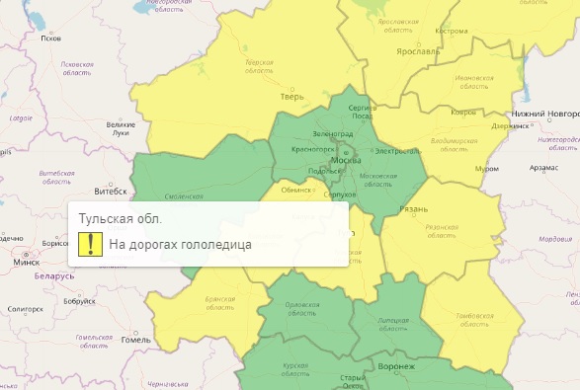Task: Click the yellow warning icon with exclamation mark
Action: click(x=91, y=243)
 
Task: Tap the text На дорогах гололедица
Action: click(x=180, y=244)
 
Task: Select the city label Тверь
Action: click(x=291, y=98)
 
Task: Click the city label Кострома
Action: click(x=451, y=31)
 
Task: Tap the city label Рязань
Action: click(x=414, y=210)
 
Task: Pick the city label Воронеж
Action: click(x=396, y=366)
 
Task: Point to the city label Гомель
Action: click(x=135, y=340)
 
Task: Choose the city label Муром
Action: click(x=485, y=169)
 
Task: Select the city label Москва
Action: click(x=346, y=159)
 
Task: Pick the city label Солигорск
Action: click(x=26, y=309)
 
